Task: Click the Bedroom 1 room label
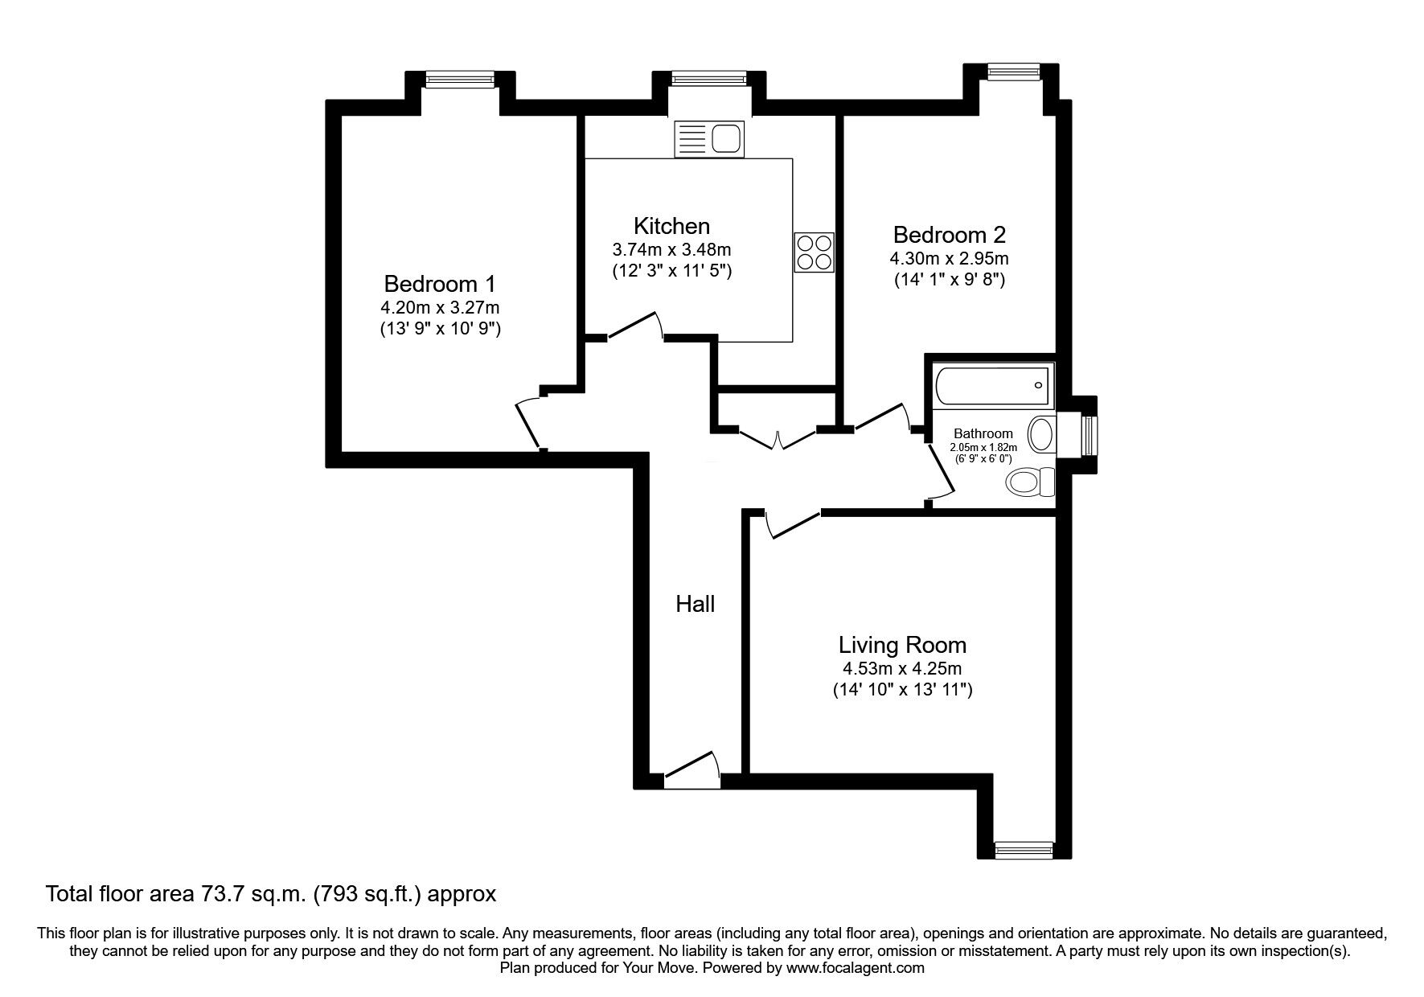coord(439,284)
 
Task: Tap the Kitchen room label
coord(671,226)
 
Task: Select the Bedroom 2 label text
coord(949,235)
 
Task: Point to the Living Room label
coord(902,645)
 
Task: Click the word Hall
coord(696,604)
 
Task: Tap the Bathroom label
coord(983,433)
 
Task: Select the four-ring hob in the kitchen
coord(815,252)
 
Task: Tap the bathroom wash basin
coord(1041,434)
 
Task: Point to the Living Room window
coord(1024,849)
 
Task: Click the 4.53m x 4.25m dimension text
coord(902,668)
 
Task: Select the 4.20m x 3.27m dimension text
coord(441,307)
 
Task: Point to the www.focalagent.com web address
coord(856,968)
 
